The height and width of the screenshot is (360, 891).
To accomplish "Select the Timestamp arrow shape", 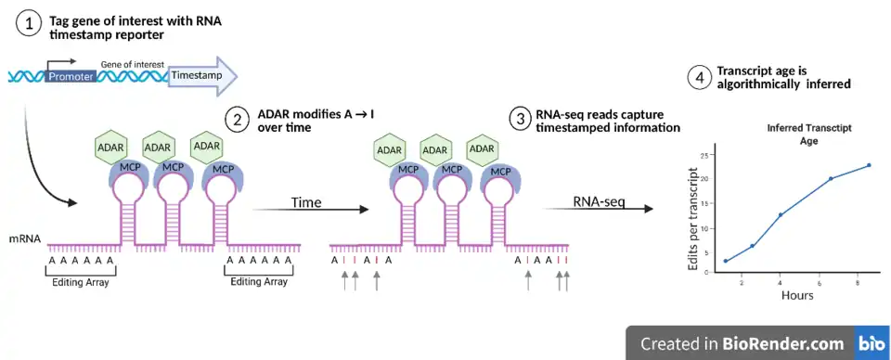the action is pyautogui.click(x=202, y=75).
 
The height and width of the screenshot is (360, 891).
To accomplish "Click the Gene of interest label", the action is pyautogui.click(x=133, y=65).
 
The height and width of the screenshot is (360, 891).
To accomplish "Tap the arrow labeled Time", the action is pyautogui.click(x=310, y=210).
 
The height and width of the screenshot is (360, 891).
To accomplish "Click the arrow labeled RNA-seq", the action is pyautogui.click(x=596, y=210).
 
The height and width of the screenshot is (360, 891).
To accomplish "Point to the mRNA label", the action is pyautogui.click(x=24, y=239).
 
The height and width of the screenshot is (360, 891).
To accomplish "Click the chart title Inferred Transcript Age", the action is pyautogui.click(x=808, y=135).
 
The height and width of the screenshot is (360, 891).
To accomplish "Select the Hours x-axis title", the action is pyautogui.click(x=796, y=295).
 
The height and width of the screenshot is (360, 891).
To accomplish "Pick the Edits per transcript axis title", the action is pyautogui.click(x=692, y=218).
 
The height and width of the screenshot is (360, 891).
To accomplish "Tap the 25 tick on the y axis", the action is pyautogui.click(x=704, y=154).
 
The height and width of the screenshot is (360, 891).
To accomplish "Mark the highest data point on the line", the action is pyautogui.click(x=869, y=165).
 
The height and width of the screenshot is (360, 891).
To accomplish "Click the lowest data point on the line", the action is pyautogui.click(x=726, y=262).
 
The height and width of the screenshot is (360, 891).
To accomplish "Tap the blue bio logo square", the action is pyautogui.click(x=872, y=343).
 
